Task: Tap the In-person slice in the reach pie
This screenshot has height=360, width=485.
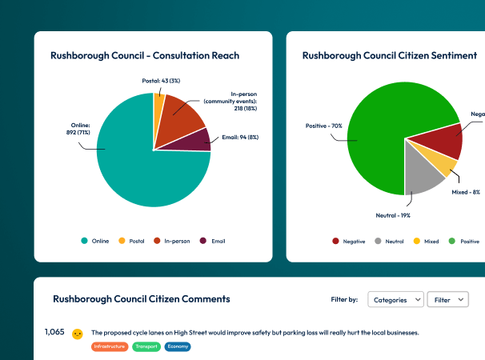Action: [x=180, y=124]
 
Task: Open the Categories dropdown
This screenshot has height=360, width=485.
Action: [x=395, y=299]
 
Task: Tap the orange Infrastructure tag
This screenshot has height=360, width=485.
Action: [x=110, y=346]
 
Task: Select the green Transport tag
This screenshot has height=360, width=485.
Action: [x=146, y=346]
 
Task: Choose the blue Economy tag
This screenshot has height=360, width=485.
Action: [x=178, y=346]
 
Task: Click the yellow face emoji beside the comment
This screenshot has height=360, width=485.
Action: [x=78, y=334]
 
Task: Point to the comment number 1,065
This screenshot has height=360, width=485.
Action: [x=54, y=332]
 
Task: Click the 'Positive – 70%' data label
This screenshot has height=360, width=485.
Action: [x=324, y=126]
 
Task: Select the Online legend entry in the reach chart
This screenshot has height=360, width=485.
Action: [x=94, y=240]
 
